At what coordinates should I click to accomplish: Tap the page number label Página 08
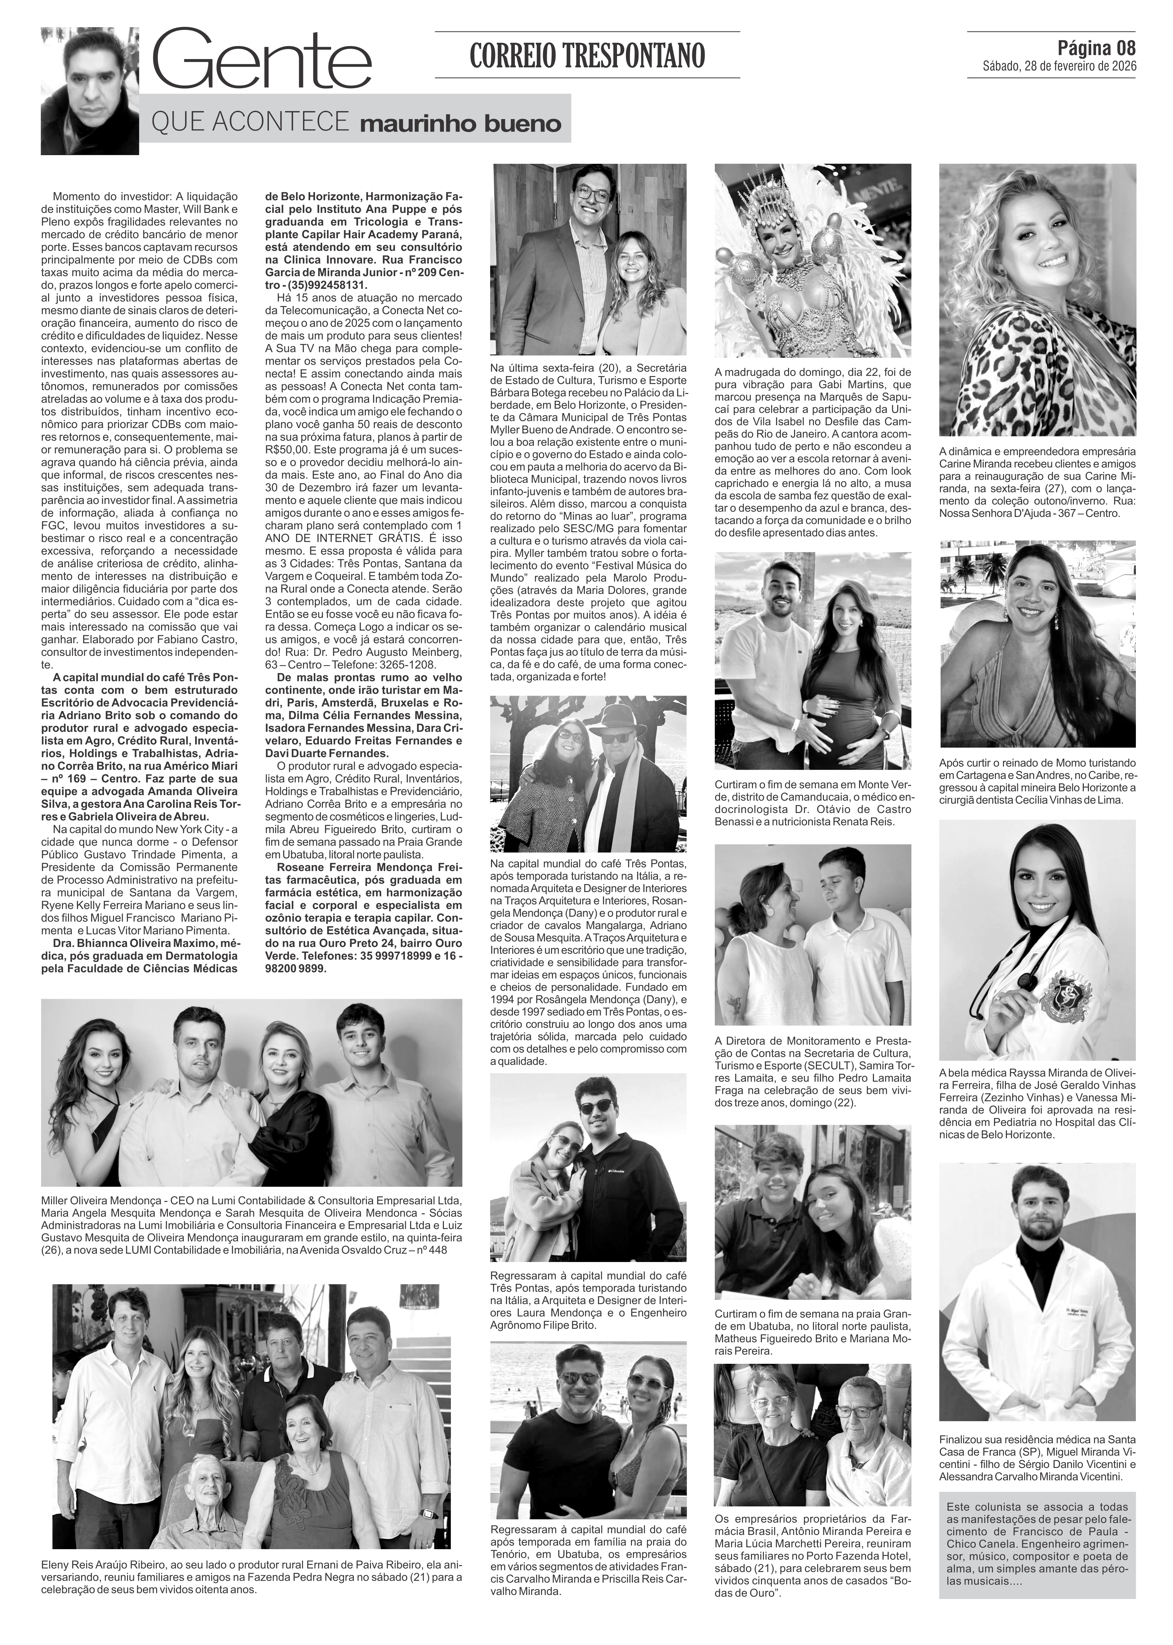(1096, 48)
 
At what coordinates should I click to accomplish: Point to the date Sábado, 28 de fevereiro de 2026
(1059, 67)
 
